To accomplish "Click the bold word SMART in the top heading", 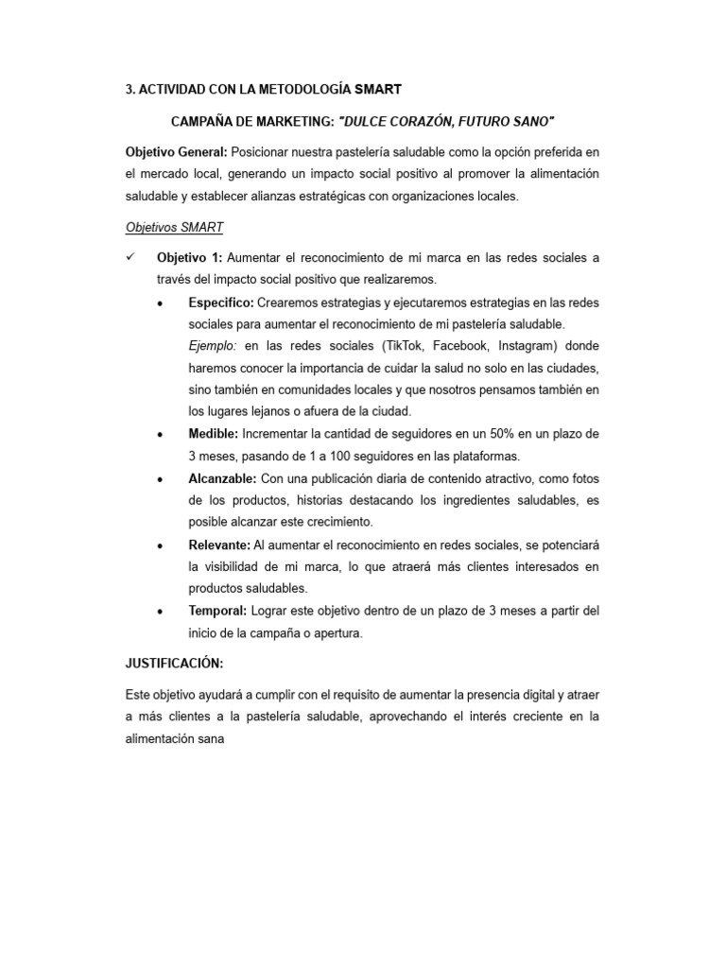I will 378,90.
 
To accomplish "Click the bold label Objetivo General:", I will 176,153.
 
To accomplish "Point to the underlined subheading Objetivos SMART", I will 174,227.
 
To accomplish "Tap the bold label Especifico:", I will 221,302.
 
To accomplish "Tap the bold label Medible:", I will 214,433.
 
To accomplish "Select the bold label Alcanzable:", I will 222,477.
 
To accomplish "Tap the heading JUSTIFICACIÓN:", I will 174,664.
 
